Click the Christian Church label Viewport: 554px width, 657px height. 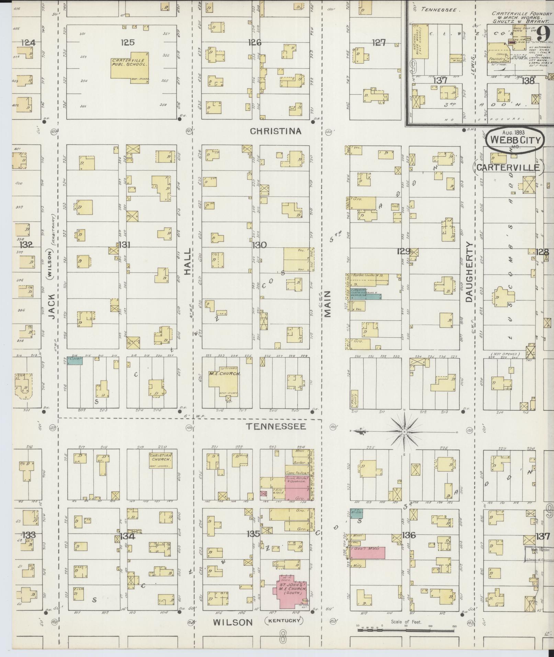click(160, 457)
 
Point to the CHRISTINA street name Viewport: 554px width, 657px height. click(275, 131)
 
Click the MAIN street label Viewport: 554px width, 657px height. click(327, 304)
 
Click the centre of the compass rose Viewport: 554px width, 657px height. click(405, 431)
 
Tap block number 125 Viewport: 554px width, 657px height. click(127, 42)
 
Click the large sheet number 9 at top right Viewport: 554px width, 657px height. click(543, 34)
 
